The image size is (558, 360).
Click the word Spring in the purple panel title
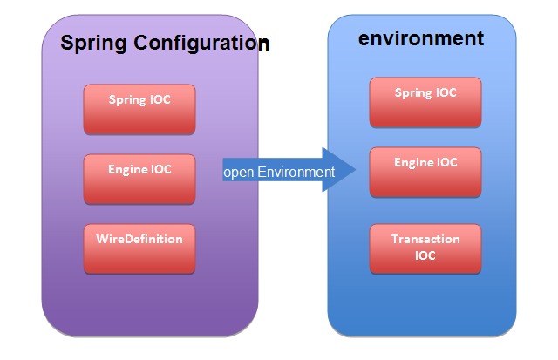(x=93, y=44)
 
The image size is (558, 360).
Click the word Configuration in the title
(x=201, y=44)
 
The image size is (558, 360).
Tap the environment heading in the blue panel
(x=421, y=38)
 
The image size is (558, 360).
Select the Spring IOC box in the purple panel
(x=139, y=109)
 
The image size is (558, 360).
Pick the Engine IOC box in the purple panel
(x=139, y=179)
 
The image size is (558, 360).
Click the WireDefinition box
(x=139, y=248)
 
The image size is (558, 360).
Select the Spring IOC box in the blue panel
(x=425, y=102)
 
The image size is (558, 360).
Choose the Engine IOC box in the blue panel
(x=425, y=172)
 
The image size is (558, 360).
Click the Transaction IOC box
(x=425, y=248)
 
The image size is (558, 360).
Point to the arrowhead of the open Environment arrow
(x=356, y=170)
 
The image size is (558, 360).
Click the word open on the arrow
(x=238, y=173)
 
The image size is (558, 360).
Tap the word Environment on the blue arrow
(x=296, y=173)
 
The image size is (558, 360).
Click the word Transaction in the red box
(x=425, y=239)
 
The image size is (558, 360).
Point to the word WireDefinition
(x=139, y=239)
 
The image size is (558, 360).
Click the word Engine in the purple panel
(x=127, y=170)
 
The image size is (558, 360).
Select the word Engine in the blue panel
(x=413, y=163)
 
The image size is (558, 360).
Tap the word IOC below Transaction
(x=425, y=255)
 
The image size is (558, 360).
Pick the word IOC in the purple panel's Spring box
(x=160, y=99)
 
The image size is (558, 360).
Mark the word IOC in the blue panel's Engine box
(x=447, y=163)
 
